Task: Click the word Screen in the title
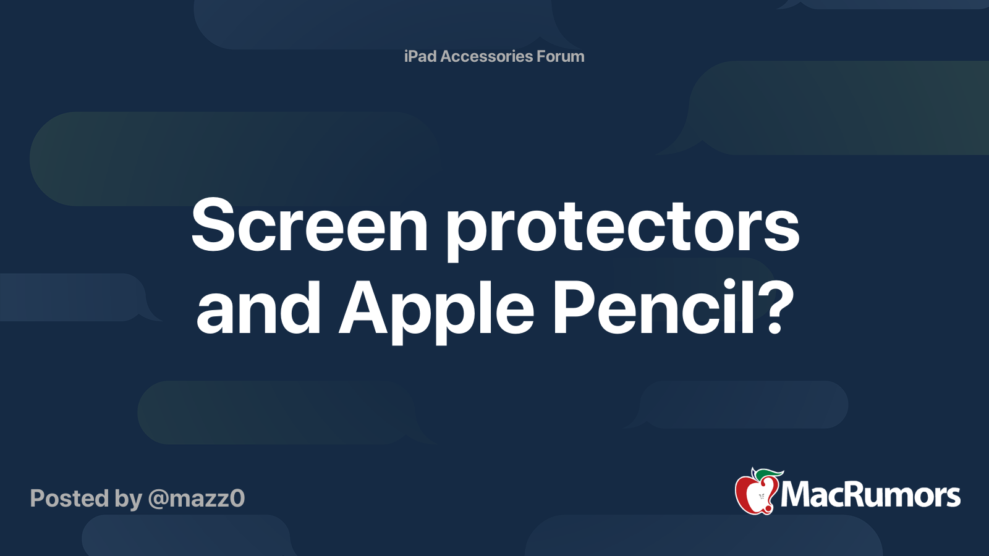click(x=309, y=226)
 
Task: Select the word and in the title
click(x=258, y=308)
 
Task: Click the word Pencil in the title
click(x=655, y=306)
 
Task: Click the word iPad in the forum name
click(x=420, y=56)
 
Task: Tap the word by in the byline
click(x=128, y=499)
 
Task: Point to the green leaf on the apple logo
click(x=770, y=474)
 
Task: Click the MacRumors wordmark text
click(x=870, y=495)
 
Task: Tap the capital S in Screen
click(x=214, y=226)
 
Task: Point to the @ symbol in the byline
click(x=158, y=499)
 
